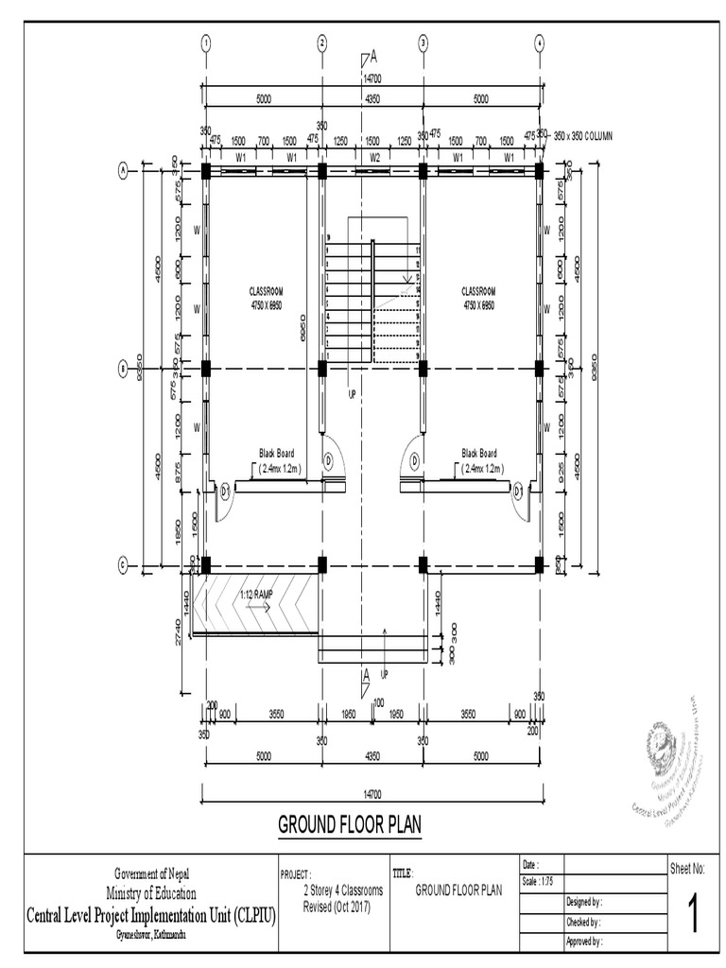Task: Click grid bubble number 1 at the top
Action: [x=205, y=42]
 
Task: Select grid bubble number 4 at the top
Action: [x=539, y=42]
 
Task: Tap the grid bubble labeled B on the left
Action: [x=123, y=370]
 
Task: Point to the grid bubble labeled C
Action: [x=123, y=565]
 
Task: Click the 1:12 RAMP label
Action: [x=256, y=595]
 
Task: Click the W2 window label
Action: [x=373, y=157]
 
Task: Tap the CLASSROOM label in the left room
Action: [x=266, y=291]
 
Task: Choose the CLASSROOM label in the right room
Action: [x=478, y=291]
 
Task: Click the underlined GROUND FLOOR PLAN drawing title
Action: [x=349, y=825]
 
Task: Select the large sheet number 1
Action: [x=695, y=915]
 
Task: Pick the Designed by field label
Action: [x=584, y=902]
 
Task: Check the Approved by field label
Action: [x=584, y=942]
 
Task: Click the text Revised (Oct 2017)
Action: [x=336, y=907]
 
